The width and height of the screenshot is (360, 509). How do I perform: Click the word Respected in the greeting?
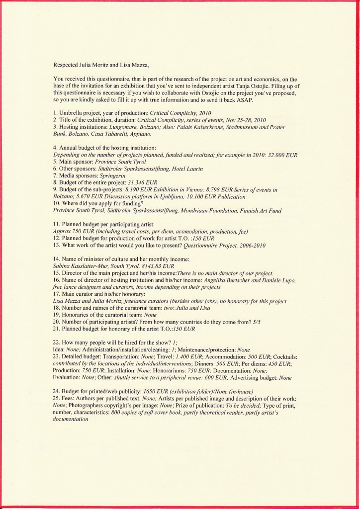[66, 65]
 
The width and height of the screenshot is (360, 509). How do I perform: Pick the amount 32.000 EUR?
[280, 155]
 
